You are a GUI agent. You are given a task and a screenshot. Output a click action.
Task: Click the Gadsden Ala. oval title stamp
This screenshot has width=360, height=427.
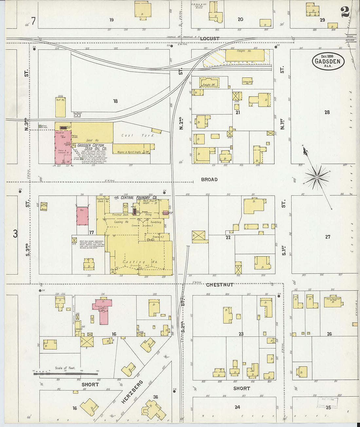click(x=328, y=61)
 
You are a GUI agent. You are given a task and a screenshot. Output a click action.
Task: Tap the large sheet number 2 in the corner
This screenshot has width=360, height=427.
click(x=345, y=12)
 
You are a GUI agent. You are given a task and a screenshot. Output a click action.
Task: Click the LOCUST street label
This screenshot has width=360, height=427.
click(x=209, y=39)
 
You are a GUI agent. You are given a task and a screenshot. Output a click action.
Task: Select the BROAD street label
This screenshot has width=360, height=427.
click(x=209, y=179)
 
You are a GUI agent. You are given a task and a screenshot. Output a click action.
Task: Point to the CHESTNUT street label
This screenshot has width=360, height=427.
click(x=220, y=285)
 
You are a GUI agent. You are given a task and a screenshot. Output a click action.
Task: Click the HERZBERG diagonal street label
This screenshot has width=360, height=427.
click(x=132, y=392)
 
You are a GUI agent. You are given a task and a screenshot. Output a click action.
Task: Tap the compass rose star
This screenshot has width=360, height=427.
click(x=316, y=177)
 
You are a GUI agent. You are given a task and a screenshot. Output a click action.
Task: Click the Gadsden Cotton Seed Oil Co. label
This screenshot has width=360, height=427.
click(x=91, y=147)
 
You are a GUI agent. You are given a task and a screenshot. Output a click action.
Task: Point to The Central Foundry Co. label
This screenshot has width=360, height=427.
click(x=135, y=198)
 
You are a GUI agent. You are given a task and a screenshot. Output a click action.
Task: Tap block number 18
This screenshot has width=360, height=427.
click(x=115, y=101)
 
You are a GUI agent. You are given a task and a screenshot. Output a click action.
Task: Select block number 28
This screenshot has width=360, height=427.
click(x=327, y=112)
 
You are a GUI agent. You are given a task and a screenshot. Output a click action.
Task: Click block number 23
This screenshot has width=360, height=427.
click(x=241, y=334)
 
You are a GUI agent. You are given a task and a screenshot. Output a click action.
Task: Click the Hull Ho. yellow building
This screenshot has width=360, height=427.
click(x=60, y=107)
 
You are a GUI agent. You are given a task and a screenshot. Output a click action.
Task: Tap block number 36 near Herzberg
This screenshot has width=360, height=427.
click(x=155, y=397)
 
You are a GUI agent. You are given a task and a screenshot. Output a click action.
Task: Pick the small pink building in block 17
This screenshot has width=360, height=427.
click(x=82, y=216)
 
